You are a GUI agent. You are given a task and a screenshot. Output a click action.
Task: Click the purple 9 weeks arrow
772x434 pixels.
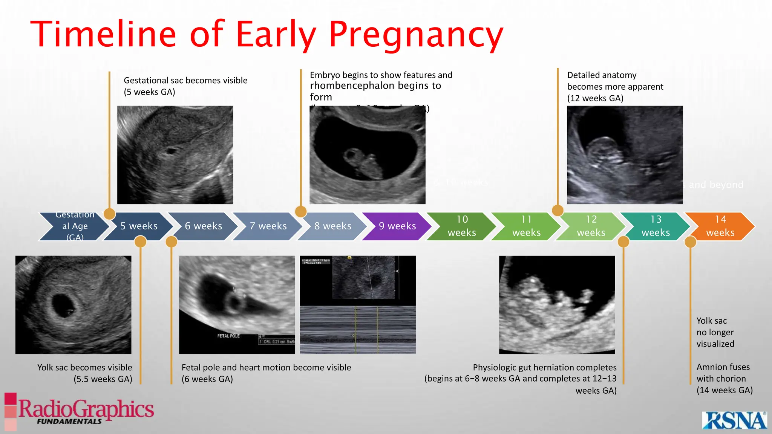397,226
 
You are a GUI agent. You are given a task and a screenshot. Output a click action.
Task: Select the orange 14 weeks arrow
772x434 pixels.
720,226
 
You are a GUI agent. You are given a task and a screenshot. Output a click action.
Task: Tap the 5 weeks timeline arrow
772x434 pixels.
139,226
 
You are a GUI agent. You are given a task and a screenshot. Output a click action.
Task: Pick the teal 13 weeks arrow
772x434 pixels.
656,226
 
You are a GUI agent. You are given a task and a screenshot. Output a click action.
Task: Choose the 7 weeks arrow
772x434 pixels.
268,226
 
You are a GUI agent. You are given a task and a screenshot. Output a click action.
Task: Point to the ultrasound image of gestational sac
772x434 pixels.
175,155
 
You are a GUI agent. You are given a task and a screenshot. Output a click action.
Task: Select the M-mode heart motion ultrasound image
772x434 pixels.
357,305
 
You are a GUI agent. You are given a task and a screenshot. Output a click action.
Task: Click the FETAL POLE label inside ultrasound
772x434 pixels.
228,336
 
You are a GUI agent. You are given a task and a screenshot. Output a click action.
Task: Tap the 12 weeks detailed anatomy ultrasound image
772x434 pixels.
625,155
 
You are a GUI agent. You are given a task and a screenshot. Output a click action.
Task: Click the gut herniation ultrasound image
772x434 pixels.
557,305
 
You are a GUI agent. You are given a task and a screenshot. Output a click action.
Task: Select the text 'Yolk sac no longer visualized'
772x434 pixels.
715,332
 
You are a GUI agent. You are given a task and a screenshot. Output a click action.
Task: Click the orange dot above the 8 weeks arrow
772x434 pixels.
301,211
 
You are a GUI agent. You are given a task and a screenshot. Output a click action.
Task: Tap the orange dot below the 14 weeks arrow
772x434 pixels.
690,242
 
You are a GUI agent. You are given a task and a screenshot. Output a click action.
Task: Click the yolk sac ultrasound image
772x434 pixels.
73,305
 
